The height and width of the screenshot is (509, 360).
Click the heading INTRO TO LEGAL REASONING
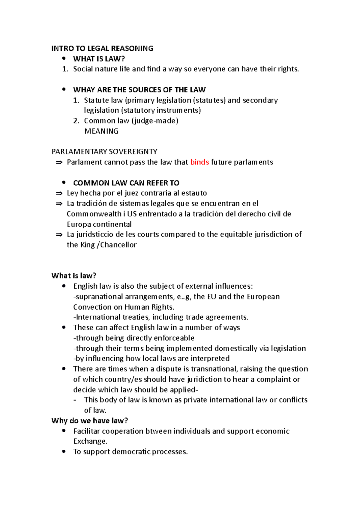tap(102, 48)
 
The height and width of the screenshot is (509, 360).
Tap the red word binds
tap(199, 162)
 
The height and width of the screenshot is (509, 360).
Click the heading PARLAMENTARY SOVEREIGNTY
tap(104, 152)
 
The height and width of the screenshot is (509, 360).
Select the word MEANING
tap(101, 131)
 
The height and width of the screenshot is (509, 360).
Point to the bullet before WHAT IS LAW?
tap(64, 58)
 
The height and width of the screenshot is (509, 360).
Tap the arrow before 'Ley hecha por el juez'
tap(59, 193)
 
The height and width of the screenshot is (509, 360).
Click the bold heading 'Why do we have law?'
tap(89, 421)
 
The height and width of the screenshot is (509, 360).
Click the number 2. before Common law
tap(76, 121)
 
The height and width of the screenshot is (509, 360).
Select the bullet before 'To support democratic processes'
tap(64, 451)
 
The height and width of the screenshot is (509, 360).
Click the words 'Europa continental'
tap(99, 225)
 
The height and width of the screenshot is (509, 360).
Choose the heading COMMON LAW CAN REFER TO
tap(126, 183)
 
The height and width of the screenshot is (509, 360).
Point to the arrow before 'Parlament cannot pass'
tap(59, 162)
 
